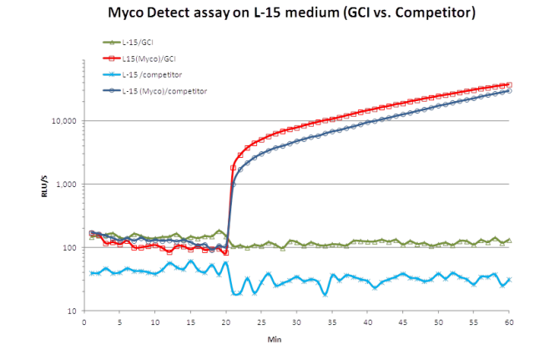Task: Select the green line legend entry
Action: click(x=137, y=41)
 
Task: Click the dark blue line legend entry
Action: click(x=164, y=90)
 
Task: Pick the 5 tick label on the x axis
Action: click(x=119, y=322)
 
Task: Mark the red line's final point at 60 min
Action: click(x=509, y=84)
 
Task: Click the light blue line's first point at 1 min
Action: click(x=91, y=273)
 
